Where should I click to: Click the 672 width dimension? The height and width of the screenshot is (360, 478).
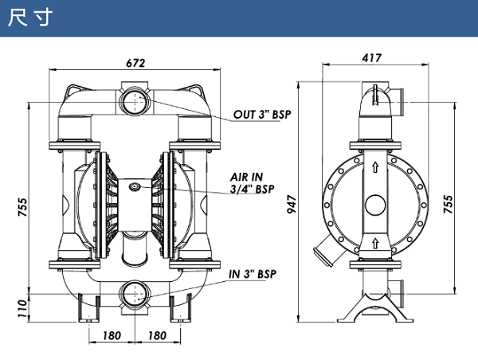tap(135, 63)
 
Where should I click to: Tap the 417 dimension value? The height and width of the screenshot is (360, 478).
tap(371, 57)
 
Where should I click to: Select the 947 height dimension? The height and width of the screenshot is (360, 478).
tap(292, 204)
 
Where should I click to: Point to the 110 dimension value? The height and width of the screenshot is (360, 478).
tap(22, 308)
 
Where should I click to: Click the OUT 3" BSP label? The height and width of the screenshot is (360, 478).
tap(262, 115)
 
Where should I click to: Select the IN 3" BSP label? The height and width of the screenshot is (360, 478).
tap(253, 274)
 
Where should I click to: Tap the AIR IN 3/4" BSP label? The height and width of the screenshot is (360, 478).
tap(252, 183)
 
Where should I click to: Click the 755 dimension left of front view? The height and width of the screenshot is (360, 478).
tap(22, 207)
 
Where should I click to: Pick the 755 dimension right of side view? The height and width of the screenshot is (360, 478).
tap(448, 204)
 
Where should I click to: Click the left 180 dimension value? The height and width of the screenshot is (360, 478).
tap(112, 335)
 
